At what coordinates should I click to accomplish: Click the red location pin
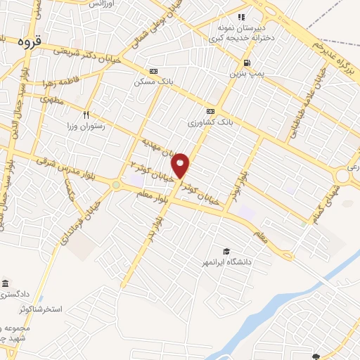(x=181, y=166)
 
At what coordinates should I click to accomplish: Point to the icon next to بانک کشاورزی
(x=210, y=112)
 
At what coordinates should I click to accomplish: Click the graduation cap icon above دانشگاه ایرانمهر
(x=226, y=252)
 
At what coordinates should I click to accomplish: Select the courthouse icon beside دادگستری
(x=6, y=283)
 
